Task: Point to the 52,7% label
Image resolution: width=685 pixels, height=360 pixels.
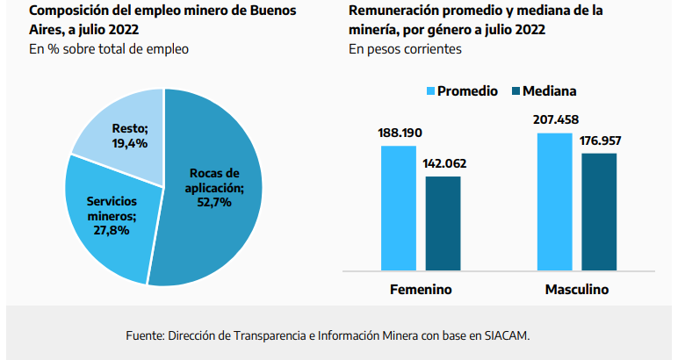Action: point(214,201)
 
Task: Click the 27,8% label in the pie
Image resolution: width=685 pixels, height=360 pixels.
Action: point(112,231)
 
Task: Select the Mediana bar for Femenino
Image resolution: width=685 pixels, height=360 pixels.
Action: point(443,223)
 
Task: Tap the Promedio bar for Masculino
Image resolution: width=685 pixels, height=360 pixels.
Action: point(554,201)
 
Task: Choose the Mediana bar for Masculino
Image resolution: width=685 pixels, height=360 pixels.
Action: point(599,212)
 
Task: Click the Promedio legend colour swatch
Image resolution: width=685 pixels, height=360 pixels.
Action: point(430,91)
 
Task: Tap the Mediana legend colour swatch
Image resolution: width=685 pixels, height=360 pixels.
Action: point(516,91)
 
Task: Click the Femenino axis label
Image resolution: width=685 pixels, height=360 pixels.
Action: point(421,289)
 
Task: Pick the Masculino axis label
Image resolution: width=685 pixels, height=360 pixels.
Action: point(577,289)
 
